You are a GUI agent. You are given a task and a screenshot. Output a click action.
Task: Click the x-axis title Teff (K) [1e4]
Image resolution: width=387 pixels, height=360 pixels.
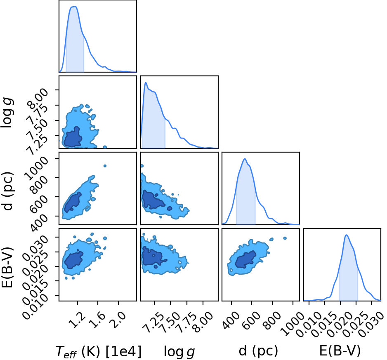tap(99, 351)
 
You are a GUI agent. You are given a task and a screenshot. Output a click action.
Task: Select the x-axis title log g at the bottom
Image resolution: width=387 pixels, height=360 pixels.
tap(179, 352)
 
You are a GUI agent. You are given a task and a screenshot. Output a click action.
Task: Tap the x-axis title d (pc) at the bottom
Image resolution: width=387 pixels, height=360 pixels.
tap(258, 351)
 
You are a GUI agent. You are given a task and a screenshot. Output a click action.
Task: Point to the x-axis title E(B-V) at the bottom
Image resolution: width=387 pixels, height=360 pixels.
tap(340, 351)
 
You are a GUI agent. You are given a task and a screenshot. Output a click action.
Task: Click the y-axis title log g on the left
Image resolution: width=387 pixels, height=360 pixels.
tap(7, 112)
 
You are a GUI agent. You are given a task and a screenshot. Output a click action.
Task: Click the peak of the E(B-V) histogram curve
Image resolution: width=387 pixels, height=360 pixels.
tap(346, 235)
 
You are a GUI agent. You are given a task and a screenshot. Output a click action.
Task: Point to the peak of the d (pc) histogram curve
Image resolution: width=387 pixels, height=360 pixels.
tap(245, 159)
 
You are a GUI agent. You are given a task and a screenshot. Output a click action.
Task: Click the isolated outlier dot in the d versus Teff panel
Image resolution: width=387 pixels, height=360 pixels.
tap(105, 166)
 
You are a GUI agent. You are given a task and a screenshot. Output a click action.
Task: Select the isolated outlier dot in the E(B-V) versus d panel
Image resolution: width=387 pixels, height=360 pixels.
tap(285, 238)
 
